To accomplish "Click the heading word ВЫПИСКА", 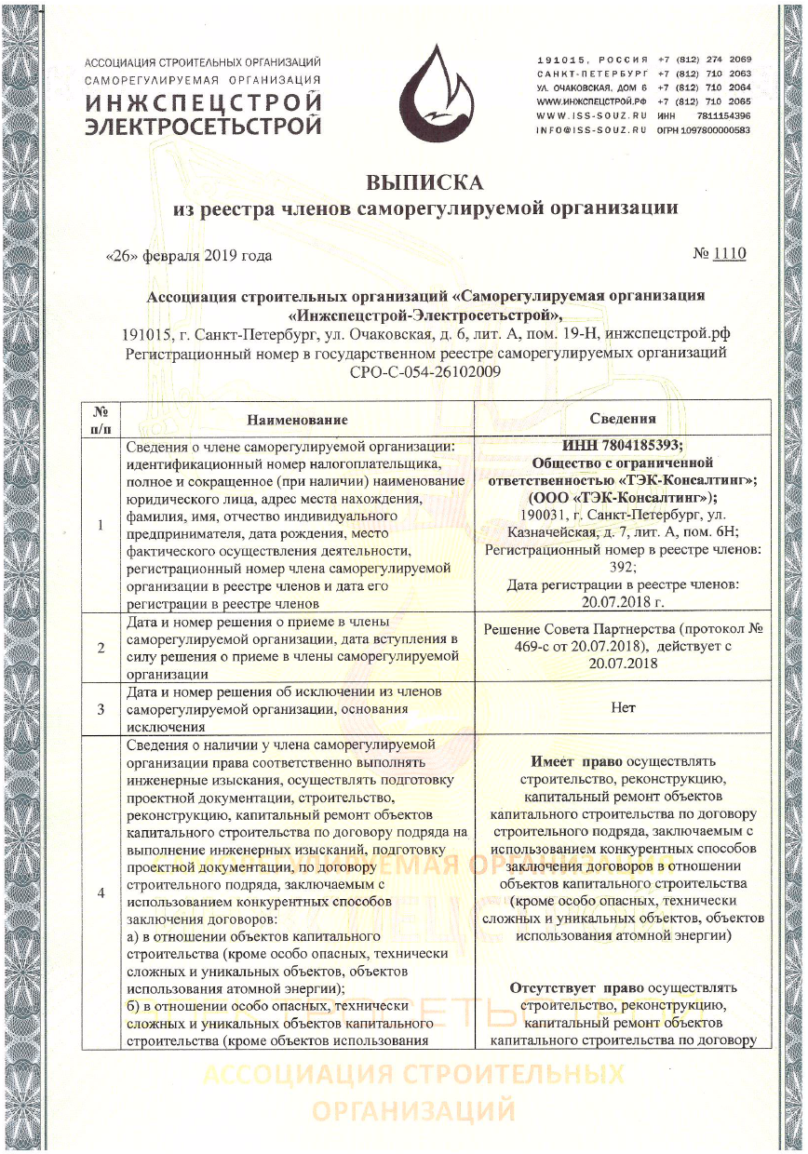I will click(x=425, y=181).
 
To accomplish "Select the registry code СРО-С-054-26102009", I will click(x=425, y=371).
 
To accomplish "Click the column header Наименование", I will click(x=297, y=420).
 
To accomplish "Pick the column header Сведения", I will click(x=623, y=419).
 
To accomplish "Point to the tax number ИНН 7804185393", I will click(x=623, y=445).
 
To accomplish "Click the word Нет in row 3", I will click(x=623, y=707).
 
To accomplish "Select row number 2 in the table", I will click(x=100, y=648).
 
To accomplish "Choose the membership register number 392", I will click(x=623, y=567).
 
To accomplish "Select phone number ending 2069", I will click(x=704, y=60).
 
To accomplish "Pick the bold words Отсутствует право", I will click(x=569, y=987).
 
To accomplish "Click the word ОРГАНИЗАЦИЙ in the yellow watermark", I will click(x=413, y=1111).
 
